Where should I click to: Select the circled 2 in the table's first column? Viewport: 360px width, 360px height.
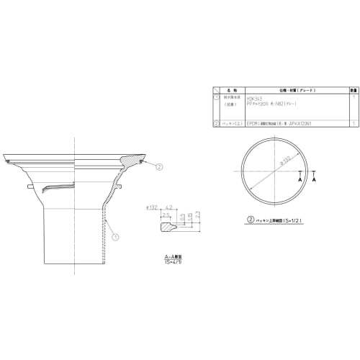[216, 123]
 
